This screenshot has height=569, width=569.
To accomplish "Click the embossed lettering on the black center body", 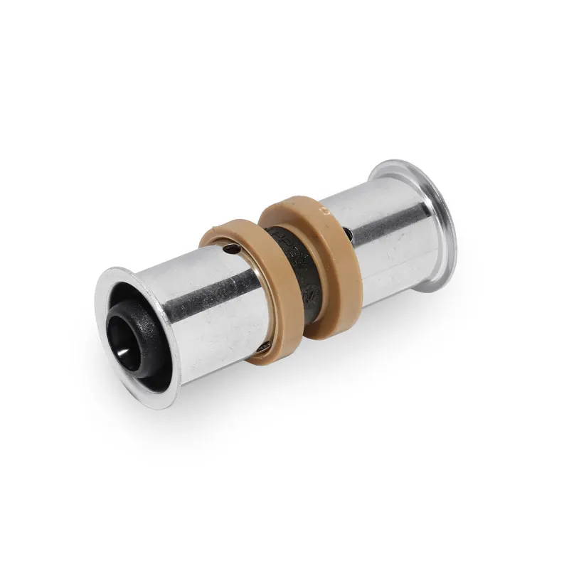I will click(x=284, y=242).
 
